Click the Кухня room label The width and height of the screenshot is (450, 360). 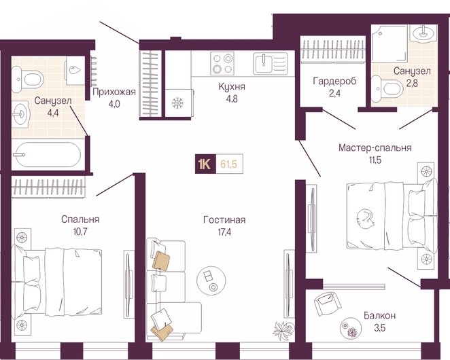pos(232,86)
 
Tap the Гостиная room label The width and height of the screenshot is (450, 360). pos(224,219)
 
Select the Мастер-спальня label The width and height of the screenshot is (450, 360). pos(375,147)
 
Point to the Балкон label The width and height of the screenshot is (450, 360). pos(380,316)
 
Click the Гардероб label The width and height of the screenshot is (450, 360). pos(334,82)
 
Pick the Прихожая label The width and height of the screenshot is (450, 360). pos(114,92)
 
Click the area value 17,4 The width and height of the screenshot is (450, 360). pos(224,232)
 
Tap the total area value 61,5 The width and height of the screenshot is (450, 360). pos(228,164)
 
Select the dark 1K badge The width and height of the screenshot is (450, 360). pos(205,164)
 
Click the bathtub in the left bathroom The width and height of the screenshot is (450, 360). pos(48,155)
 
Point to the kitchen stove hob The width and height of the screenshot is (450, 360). pos(222,63)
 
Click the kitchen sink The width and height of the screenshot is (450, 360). pos(271,63)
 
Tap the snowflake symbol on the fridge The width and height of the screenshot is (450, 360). pos(177,103)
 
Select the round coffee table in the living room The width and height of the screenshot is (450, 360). pos(211,280)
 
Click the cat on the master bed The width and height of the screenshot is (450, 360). pos(365,218)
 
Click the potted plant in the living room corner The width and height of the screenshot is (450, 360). pos(283,331)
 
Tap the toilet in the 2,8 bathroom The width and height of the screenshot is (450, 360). pos(387,88)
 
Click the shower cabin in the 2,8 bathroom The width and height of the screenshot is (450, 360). pos(389,43)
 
